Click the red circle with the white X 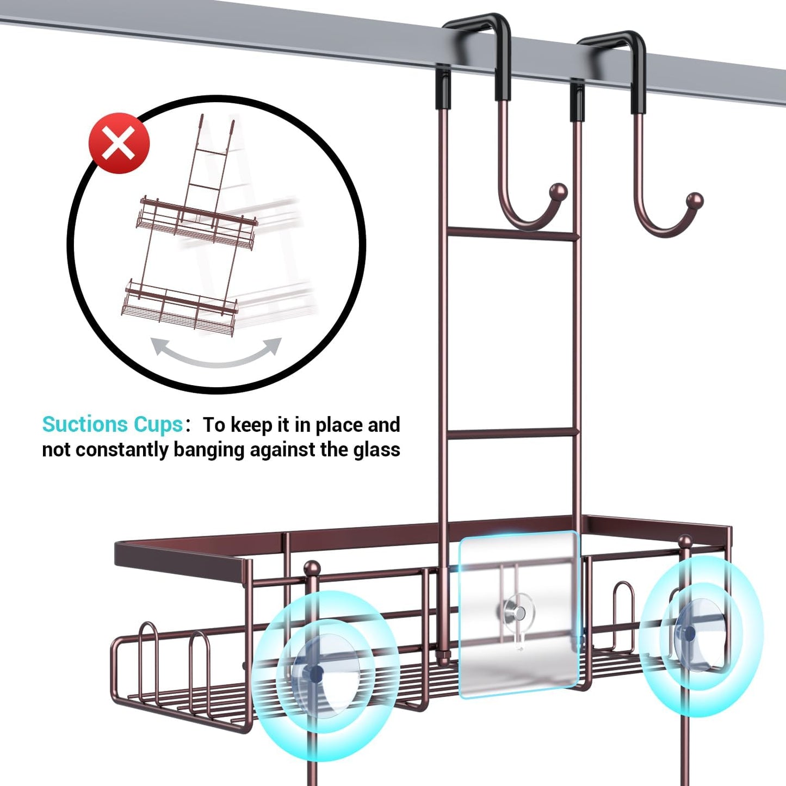(119, 144)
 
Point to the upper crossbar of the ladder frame (511, 234)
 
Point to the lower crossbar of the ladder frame (511, 433)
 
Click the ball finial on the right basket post (685, 541)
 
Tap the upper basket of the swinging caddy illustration (196, 223)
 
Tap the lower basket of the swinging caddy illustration (180, 308)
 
